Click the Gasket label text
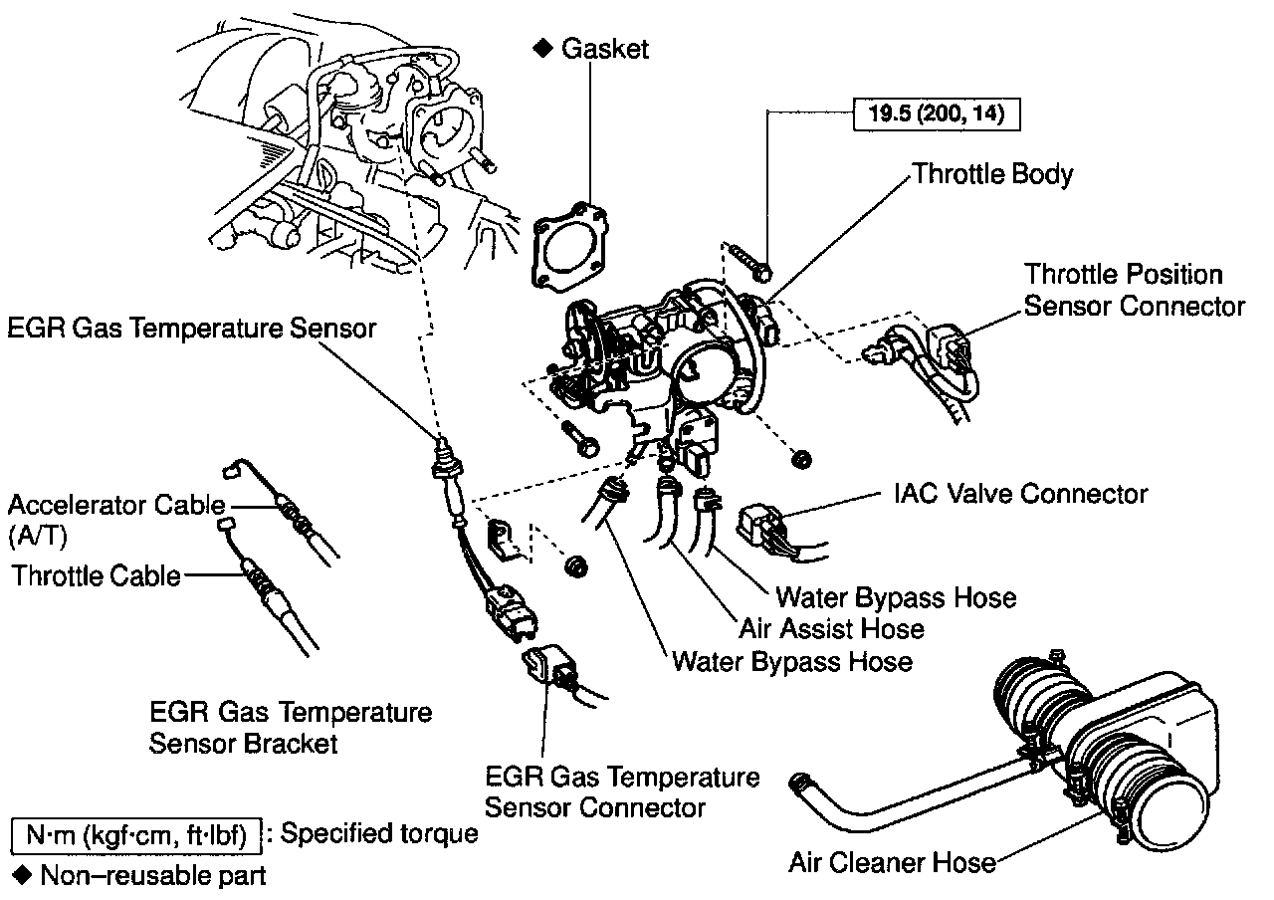[x=605, y=48]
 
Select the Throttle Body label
[x=992, y=174]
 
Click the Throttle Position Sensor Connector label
[x=1135, y=289]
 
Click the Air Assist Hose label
[x=831, y=629]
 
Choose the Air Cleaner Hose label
[x=892, y=861]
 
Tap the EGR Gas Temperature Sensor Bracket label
[x=291, y=728]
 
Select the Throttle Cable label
[x=97, y=575]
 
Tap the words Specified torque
[x=379, y=834]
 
